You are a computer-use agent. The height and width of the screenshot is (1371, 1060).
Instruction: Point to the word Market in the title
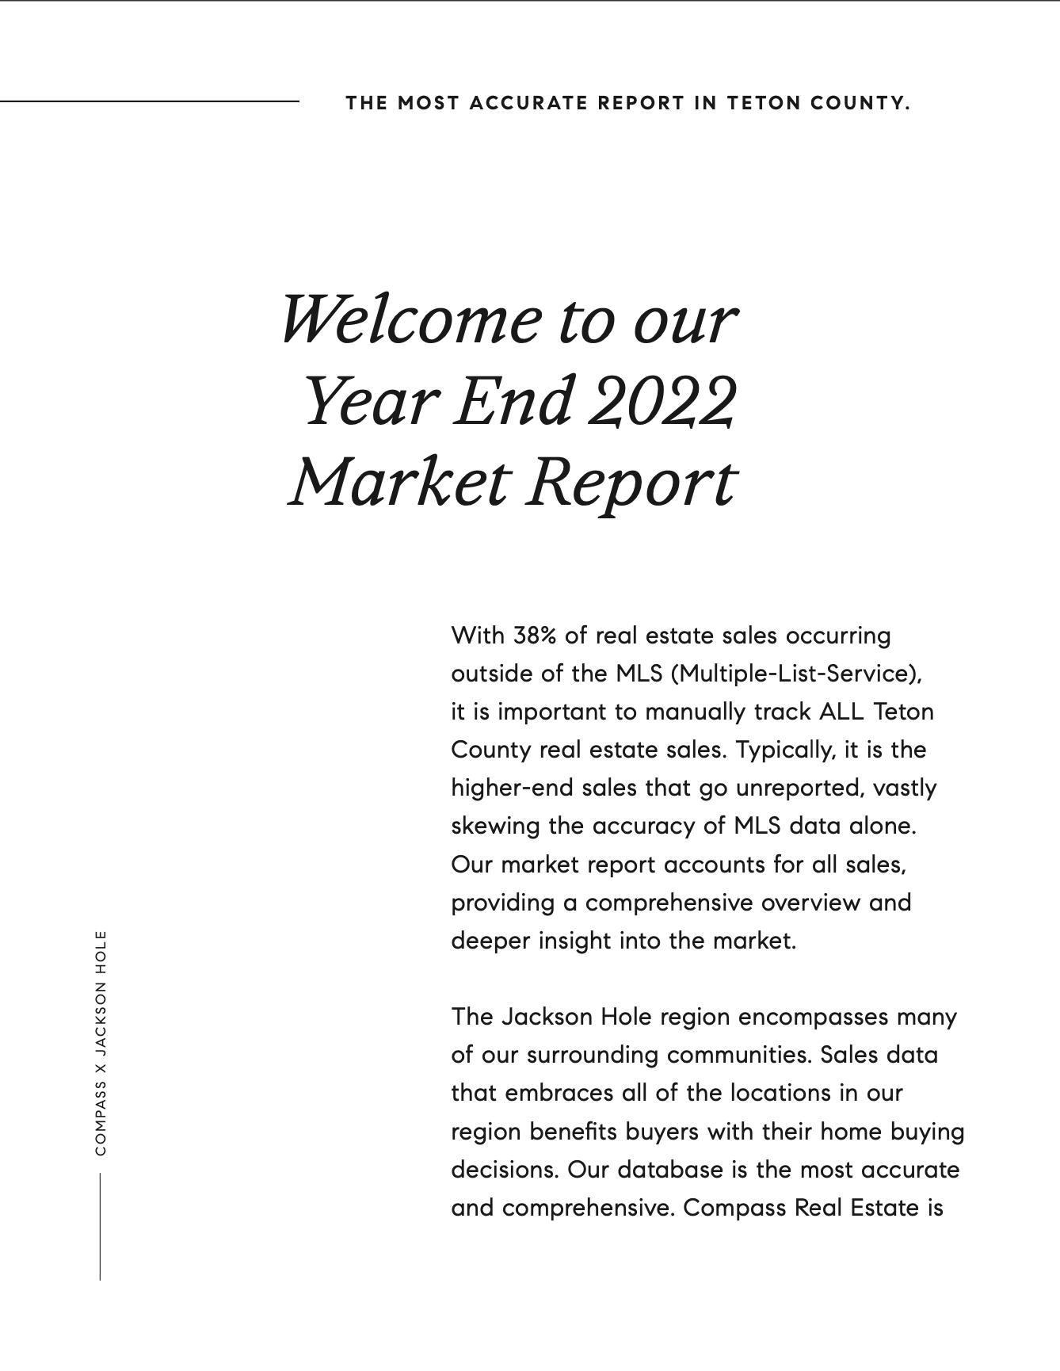click(x=398, y=483)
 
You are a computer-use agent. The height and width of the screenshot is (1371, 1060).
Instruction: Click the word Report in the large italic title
click(x=631, y=483)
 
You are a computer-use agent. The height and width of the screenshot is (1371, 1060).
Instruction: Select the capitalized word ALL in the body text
click(x=841, y=712)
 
